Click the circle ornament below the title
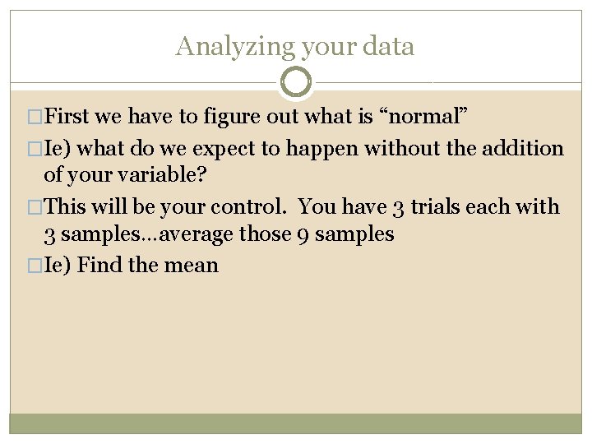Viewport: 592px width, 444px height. [x=296, y=82]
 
